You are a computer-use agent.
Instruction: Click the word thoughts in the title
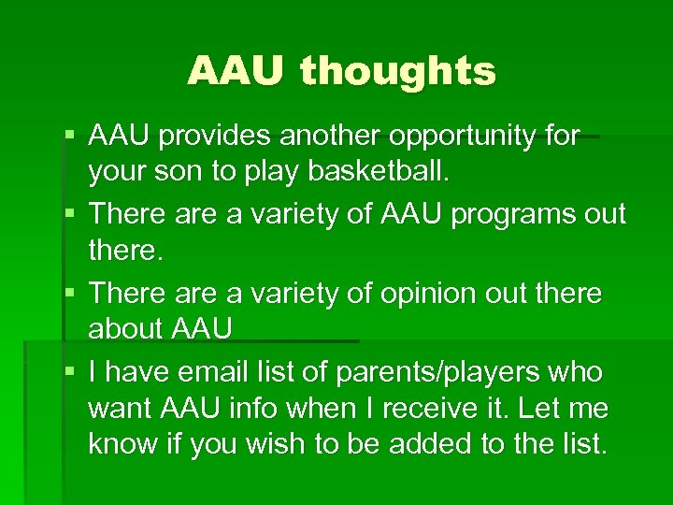pyautogui.click(x=397, y=71)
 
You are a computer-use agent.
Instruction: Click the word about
pyautogui.click(x=126, y=331)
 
